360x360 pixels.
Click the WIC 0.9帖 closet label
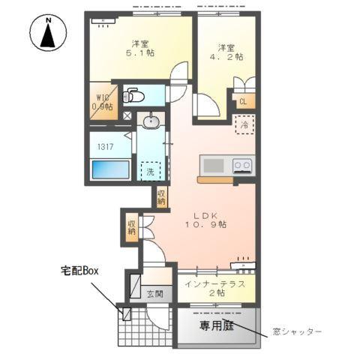103,101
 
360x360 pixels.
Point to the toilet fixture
133,95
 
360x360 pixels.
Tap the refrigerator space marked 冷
244,125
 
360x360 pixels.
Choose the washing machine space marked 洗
151,170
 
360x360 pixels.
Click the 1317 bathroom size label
103,147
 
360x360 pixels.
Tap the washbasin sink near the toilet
151,121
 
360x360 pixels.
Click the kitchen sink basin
213,164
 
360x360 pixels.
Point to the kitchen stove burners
241,165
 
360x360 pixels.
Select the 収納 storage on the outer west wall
131,226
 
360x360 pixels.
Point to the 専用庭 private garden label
214,326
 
